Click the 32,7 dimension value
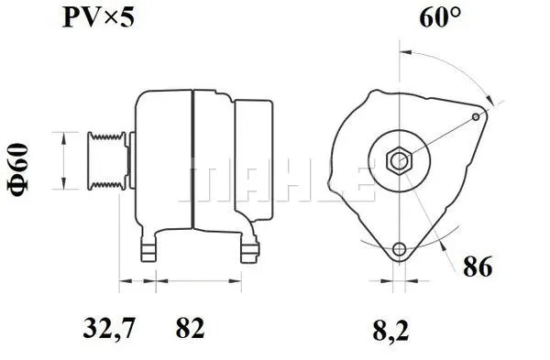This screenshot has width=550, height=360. (x=102, y=327)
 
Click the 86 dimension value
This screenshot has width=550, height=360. (x=478, y=267)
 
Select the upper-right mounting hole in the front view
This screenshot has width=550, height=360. (x=475, y=116)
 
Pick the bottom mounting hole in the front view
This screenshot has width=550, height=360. (x=399, y=251)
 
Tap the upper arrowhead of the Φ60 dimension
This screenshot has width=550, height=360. (x=61, y=137)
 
